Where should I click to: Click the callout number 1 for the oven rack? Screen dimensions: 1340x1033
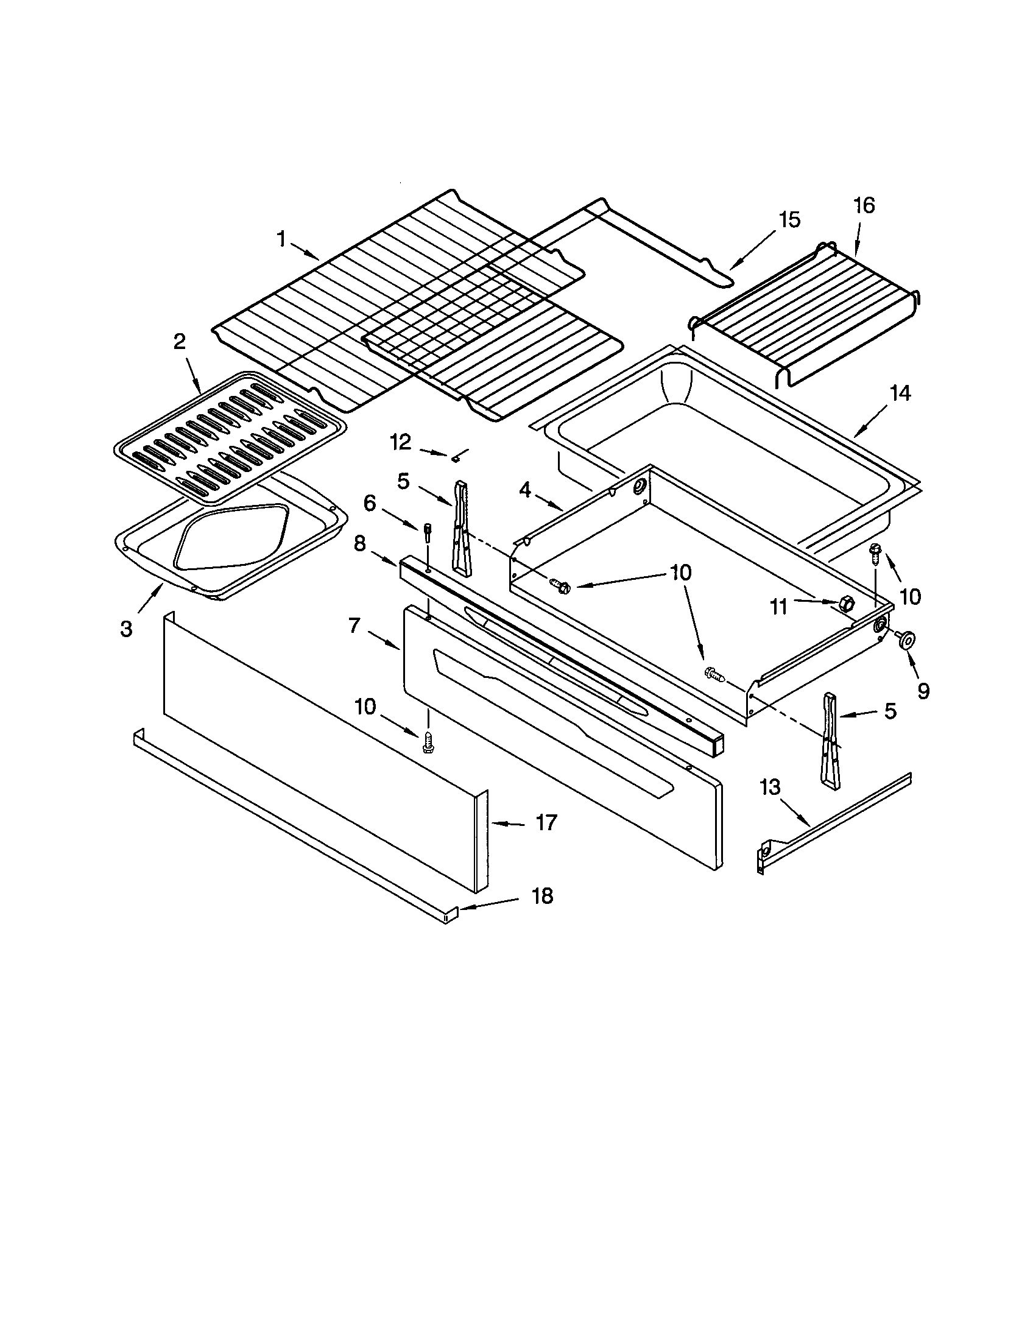tap(281, 239)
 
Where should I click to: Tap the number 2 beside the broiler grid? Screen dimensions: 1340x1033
tap(179, 342)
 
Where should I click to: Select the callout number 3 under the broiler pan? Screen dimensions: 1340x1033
tap(125, 629)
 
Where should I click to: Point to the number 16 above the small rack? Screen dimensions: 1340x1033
tap(864, 205)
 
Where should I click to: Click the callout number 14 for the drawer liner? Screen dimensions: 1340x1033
tap(900, 393)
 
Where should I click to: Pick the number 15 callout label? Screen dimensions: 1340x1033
tap(789, 219)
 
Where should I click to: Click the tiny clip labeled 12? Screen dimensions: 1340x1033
tap(455, 457)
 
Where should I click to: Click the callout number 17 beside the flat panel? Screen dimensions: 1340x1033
tap(546, 823)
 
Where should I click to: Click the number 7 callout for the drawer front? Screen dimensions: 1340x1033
tap(353, 625)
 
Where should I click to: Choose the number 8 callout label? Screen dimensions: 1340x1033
tap(359, 543)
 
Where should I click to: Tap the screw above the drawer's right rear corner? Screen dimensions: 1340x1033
tap(874, 554)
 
